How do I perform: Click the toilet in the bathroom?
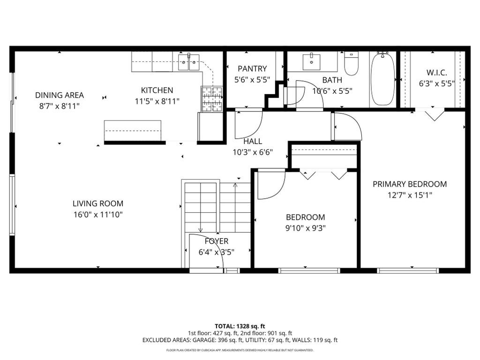click(x=351, y=63)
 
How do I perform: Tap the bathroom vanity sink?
click(x=312, y=62)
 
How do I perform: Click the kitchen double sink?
click(x=189, y=62)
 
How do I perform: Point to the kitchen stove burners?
click(x=211, y=98)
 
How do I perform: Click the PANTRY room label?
click(x=252, y=68)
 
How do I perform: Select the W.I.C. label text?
click(x=436, y=73)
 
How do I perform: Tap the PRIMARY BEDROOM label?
click(x=410, y=184)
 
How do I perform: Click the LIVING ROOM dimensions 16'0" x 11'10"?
click(x=98, y=215)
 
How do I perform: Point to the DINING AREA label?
click(x=60, y=95)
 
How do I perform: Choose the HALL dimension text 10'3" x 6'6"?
click(x=253, y=152)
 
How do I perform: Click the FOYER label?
click(x=217, y=241)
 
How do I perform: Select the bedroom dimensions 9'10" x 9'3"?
click(x=306, y=228)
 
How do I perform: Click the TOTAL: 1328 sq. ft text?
click(x=240, y=326)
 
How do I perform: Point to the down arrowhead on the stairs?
click(x=201, y=230)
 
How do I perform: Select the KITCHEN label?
click(x=157, y=90)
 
